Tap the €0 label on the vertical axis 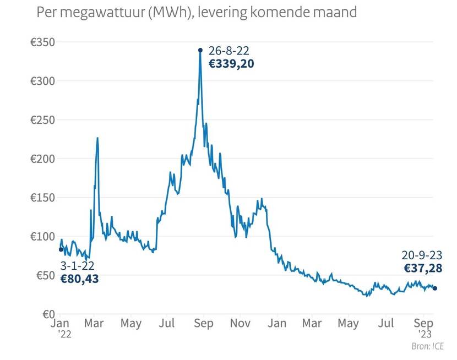click(x=46, y=314)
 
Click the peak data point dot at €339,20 click(x=200, y=50)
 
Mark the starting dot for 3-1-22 click(x=61, y=249)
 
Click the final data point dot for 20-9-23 click(x=435, y=288)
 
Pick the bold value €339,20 click(x=231, y=63)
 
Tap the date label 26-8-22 click(x=229, y=51)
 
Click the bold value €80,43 click(x=79, y=279)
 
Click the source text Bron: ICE click(x=427, y=346)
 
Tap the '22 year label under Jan click(x=64, y=333)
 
